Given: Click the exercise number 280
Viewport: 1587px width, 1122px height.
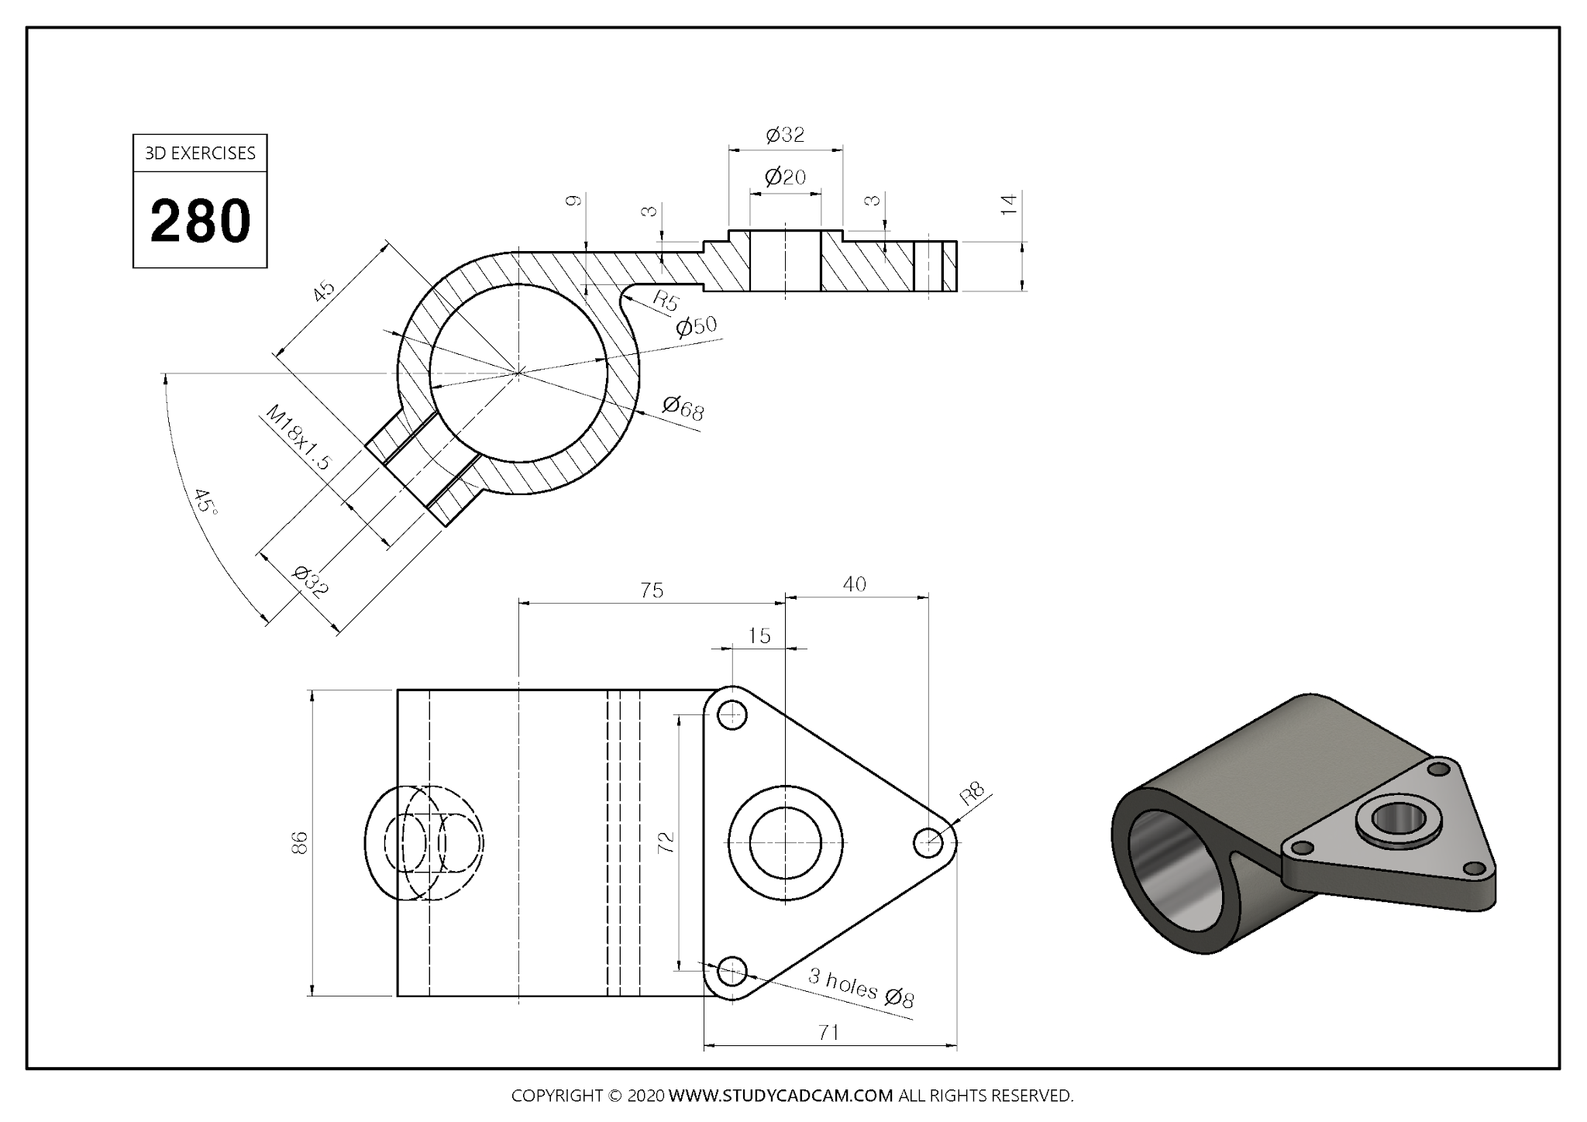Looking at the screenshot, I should (x=200, y=221).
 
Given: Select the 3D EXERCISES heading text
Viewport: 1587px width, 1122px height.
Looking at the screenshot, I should (x=200, y=153).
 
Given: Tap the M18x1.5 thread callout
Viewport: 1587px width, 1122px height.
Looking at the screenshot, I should (x=298, y=438).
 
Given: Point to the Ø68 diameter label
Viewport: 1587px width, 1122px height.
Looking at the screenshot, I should (x=683, y=408).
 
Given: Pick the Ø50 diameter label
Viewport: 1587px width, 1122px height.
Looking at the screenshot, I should (x=696, y=326).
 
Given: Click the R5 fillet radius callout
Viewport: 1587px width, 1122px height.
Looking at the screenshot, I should (x=666, y=301).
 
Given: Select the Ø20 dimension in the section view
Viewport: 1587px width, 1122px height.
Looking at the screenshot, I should (x=785, y=177).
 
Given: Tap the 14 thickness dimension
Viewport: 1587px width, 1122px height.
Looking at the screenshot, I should (x=1008, y=205).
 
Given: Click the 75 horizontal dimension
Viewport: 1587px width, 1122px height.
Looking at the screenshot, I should (x=652, y=591).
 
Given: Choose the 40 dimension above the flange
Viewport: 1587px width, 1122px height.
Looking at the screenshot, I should (x=854, y=584).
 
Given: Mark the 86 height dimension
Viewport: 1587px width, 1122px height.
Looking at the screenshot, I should (x=300, y=842).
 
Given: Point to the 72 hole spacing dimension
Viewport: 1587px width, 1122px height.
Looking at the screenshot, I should (x=666, y=842).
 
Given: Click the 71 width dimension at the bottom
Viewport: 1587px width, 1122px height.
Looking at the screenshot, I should (x=828, y=1033).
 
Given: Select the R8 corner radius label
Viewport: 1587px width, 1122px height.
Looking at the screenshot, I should (x=972, y=793).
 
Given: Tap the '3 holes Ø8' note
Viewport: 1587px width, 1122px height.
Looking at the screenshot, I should (x=861, y=988).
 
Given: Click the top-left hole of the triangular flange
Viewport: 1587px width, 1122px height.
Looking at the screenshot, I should (x=732, y=714).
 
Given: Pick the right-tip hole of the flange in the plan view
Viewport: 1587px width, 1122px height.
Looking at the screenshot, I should (x=928, y=843).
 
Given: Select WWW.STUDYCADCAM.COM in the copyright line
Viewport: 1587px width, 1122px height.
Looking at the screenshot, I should (x=780, y=1096).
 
